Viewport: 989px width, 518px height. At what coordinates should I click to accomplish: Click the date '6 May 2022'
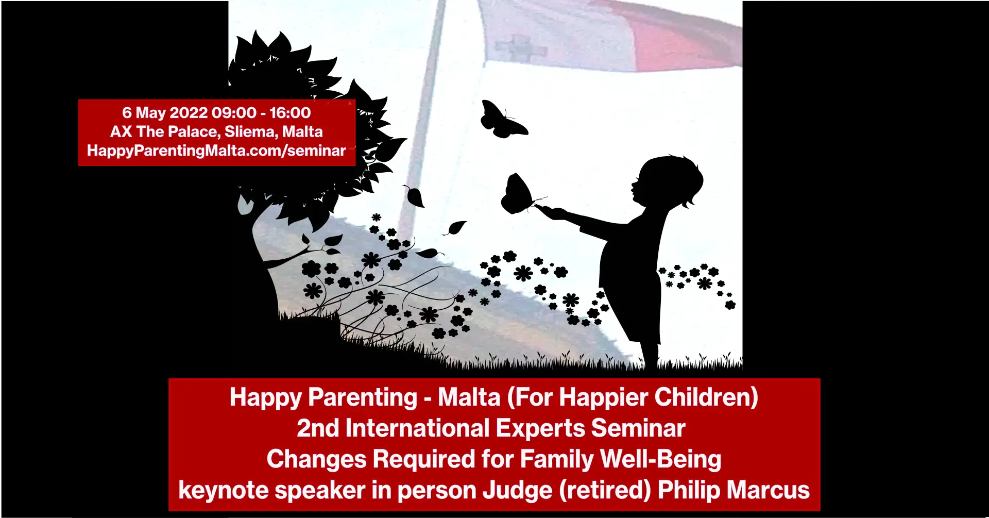click(164, 113)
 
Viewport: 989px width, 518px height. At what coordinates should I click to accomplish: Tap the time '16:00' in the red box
click(290, 113)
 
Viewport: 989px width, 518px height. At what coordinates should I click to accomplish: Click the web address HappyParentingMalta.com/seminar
click(216, 151)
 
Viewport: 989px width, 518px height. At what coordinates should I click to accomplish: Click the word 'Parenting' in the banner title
click(363, 397)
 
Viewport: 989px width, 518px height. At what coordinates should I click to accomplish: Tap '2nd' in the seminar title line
click(318, 428)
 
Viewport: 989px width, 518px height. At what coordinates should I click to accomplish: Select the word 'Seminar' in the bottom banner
click(638, 428)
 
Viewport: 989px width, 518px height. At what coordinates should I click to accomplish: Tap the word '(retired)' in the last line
click(605, 491)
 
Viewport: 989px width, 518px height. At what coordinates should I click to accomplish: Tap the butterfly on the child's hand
click(520, 194)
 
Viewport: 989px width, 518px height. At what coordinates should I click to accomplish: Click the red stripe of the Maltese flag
click(685, 36)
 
